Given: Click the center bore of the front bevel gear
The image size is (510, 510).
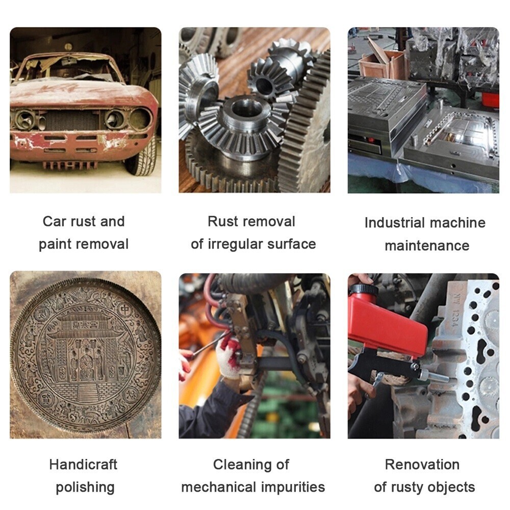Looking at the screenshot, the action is point(247,109).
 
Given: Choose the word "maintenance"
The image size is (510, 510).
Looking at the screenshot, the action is point(427,246).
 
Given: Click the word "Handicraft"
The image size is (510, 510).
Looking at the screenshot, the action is point(83,465).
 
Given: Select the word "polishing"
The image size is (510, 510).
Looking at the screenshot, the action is point(85,488).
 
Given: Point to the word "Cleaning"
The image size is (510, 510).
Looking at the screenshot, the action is point(242,465).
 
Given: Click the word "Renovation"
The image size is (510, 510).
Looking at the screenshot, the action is point(422,465).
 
